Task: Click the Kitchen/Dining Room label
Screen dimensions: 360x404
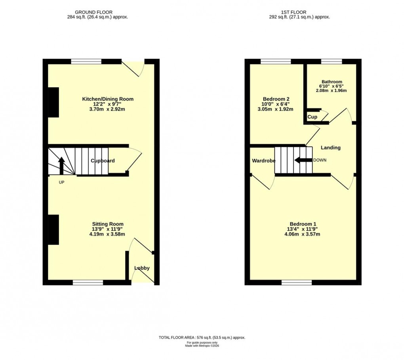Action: [107, 99]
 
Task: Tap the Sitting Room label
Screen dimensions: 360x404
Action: [108, 224]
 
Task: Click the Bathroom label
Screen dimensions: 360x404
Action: [332, 82]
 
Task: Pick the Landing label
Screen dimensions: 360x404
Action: [330, 147]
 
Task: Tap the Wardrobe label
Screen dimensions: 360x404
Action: [263, 161]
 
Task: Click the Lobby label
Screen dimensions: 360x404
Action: [142, 268]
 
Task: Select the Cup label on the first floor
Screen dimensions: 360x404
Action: [312, 117]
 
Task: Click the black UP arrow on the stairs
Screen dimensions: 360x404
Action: [61, 166]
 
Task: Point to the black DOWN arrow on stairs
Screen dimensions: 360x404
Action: [303, 160]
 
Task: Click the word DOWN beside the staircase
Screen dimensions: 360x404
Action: [320, 160]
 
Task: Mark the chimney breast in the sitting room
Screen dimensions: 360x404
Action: [53, 230]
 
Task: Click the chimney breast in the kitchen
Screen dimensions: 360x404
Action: [53, 102]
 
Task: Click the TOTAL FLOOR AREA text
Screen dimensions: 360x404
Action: [202, 337]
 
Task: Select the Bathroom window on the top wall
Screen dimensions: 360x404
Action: [331, 61]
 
